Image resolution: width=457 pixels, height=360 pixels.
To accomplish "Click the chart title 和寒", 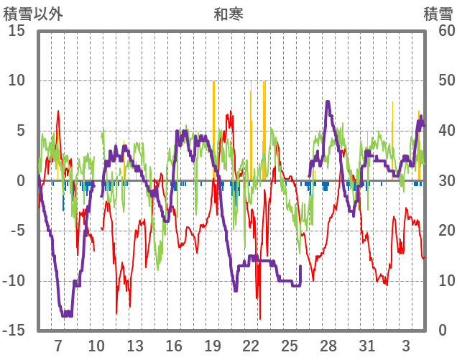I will (x=228, y=14).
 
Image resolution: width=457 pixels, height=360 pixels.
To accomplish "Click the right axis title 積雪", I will (x=437, y=14).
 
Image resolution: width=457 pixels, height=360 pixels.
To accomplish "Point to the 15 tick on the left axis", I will (x=17, y=31).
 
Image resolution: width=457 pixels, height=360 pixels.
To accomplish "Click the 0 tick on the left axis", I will (x=22, y=181).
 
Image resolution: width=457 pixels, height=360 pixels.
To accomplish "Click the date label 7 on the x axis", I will (x=58, y=345).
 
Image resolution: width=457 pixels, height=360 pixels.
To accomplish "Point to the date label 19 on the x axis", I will (x=213, y=345).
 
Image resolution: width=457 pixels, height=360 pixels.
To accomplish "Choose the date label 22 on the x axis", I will (x=251, y=345).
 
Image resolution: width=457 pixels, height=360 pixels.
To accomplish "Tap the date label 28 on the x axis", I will (x=328, y=345).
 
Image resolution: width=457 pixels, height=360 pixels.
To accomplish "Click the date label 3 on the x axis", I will (x=406, y=345).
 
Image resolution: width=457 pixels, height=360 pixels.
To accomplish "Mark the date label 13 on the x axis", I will (x=135, y=345).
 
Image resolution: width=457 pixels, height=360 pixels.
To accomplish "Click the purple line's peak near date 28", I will (x=328, y=102).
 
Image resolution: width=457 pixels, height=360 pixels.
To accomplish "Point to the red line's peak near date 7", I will (x=58, y=111).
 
